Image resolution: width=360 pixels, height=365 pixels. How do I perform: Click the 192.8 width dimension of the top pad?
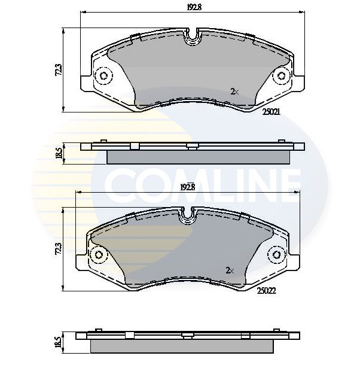click(x=194, y=7)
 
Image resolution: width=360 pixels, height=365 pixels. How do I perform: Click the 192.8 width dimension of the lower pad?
click(x=188, y=187)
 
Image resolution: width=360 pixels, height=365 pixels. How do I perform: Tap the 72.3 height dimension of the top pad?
click(x=59, y=69)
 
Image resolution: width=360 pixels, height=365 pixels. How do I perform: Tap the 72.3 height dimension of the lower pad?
click(x=59, y=249)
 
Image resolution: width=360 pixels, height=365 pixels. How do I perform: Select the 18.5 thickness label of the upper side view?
click(x=59, y=153)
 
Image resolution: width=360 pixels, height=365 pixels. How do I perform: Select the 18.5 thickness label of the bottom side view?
click(x=59, y=342)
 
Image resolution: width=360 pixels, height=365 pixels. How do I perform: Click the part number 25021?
click(x=271, y=112)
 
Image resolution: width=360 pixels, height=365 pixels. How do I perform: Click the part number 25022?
click(x=267, y=291)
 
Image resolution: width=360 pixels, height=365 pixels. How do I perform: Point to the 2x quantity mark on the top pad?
click(x=234, y=92)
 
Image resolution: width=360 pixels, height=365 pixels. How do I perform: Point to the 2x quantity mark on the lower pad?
click(x=230, y=270)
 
